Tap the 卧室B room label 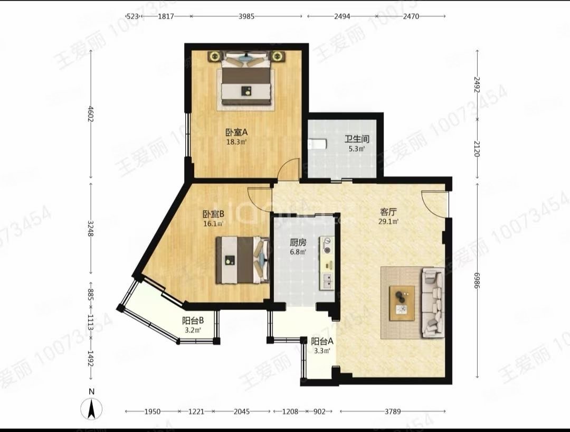point(213,214)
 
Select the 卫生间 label point(357,140)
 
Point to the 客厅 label point(388,212)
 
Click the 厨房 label point(298,243)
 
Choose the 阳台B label point(193,321)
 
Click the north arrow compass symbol point(91,408)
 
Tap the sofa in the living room point(433,302)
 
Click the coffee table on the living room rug point(402,303)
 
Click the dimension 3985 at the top point(246,16)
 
